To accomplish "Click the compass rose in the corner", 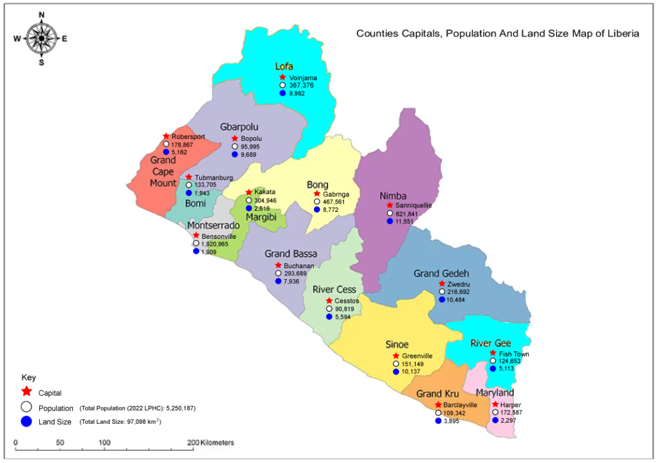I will click(x=42, y=38).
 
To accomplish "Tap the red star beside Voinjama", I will click(x=283, y=77).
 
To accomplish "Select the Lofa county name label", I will click(x=284, y=66).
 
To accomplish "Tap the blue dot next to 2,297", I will click(x=495, y=420).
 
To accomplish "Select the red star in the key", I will click(x=26, y=391).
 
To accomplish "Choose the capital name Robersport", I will click(x=189, y=136).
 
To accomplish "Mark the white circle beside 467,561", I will click(x=316, y=201).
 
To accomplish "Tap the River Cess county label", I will click(x=334, y=289).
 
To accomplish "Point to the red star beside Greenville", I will click(x=395, y=356).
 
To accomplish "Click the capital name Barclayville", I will click(x=460, y=405).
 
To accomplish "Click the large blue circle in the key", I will click(x=26, y=421).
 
